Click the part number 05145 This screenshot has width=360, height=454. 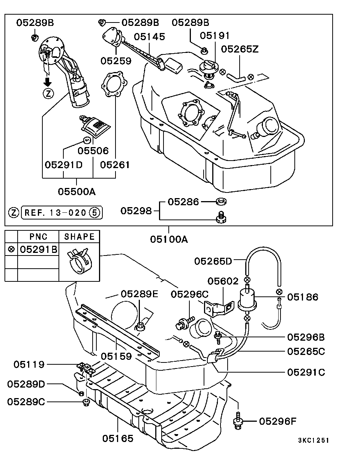tap(149, 36)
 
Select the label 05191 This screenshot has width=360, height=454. tap(214, 36)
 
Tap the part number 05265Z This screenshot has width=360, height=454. tap(240, 49)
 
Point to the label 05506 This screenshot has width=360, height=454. tap(93, 150)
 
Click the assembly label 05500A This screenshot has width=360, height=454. tap(76, 191)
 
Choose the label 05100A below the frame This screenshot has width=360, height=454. tap(169, 239)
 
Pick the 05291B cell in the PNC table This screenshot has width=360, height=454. tap(38, 249)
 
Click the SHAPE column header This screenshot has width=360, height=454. tap(79, 237)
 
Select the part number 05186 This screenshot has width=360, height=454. tap(303, 297)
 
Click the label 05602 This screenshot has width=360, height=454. tap(223, 281)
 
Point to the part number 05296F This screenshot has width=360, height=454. tap(277, 421)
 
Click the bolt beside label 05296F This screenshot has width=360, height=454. tap(238, 421)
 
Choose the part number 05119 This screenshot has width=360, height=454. tap(29, 364)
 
